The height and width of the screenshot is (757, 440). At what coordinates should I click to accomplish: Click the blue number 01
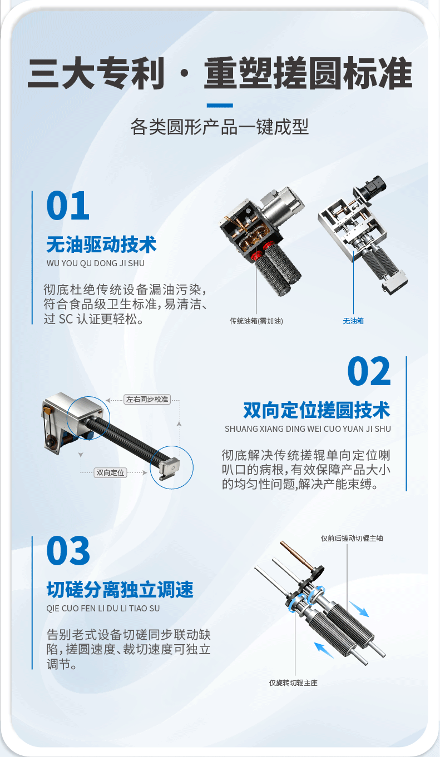coord(68,205)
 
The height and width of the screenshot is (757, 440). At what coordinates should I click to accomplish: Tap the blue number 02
coord(369,371)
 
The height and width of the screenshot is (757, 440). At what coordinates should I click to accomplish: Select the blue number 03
coord(68,550)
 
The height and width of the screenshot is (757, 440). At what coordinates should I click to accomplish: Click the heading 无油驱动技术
coord(101,245)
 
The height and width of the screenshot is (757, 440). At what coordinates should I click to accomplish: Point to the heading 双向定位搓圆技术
coord(317,410)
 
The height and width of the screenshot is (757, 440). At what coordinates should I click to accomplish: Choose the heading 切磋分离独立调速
coord(120,590)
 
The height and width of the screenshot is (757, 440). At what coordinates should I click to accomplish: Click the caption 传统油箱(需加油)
coord(256,321)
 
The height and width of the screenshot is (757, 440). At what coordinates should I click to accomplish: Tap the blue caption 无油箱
coord(353,321)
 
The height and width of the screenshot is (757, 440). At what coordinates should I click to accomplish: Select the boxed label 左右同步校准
coord(147,400)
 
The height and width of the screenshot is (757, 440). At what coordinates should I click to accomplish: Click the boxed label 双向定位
coord(110,473)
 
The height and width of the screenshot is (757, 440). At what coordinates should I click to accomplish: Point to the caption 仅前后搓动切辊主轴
coord(352,539)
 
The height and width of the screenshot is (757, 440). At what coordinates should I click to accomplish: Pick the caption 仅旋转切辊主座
coord(293,683)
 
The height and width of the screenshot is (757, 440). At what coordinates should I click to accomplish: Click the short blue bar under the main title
coord(220,106)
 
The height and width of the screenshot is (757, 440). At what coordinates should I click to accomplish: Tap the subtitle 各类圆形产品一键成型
coord(220,127)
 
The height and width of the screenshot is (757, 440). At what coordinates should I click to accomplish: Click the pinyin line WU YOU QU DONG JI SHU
coord(95,263)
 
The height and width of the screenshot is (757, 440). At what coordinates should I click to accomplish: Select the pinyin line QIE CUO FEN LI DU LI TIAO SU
coord(103,608)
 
